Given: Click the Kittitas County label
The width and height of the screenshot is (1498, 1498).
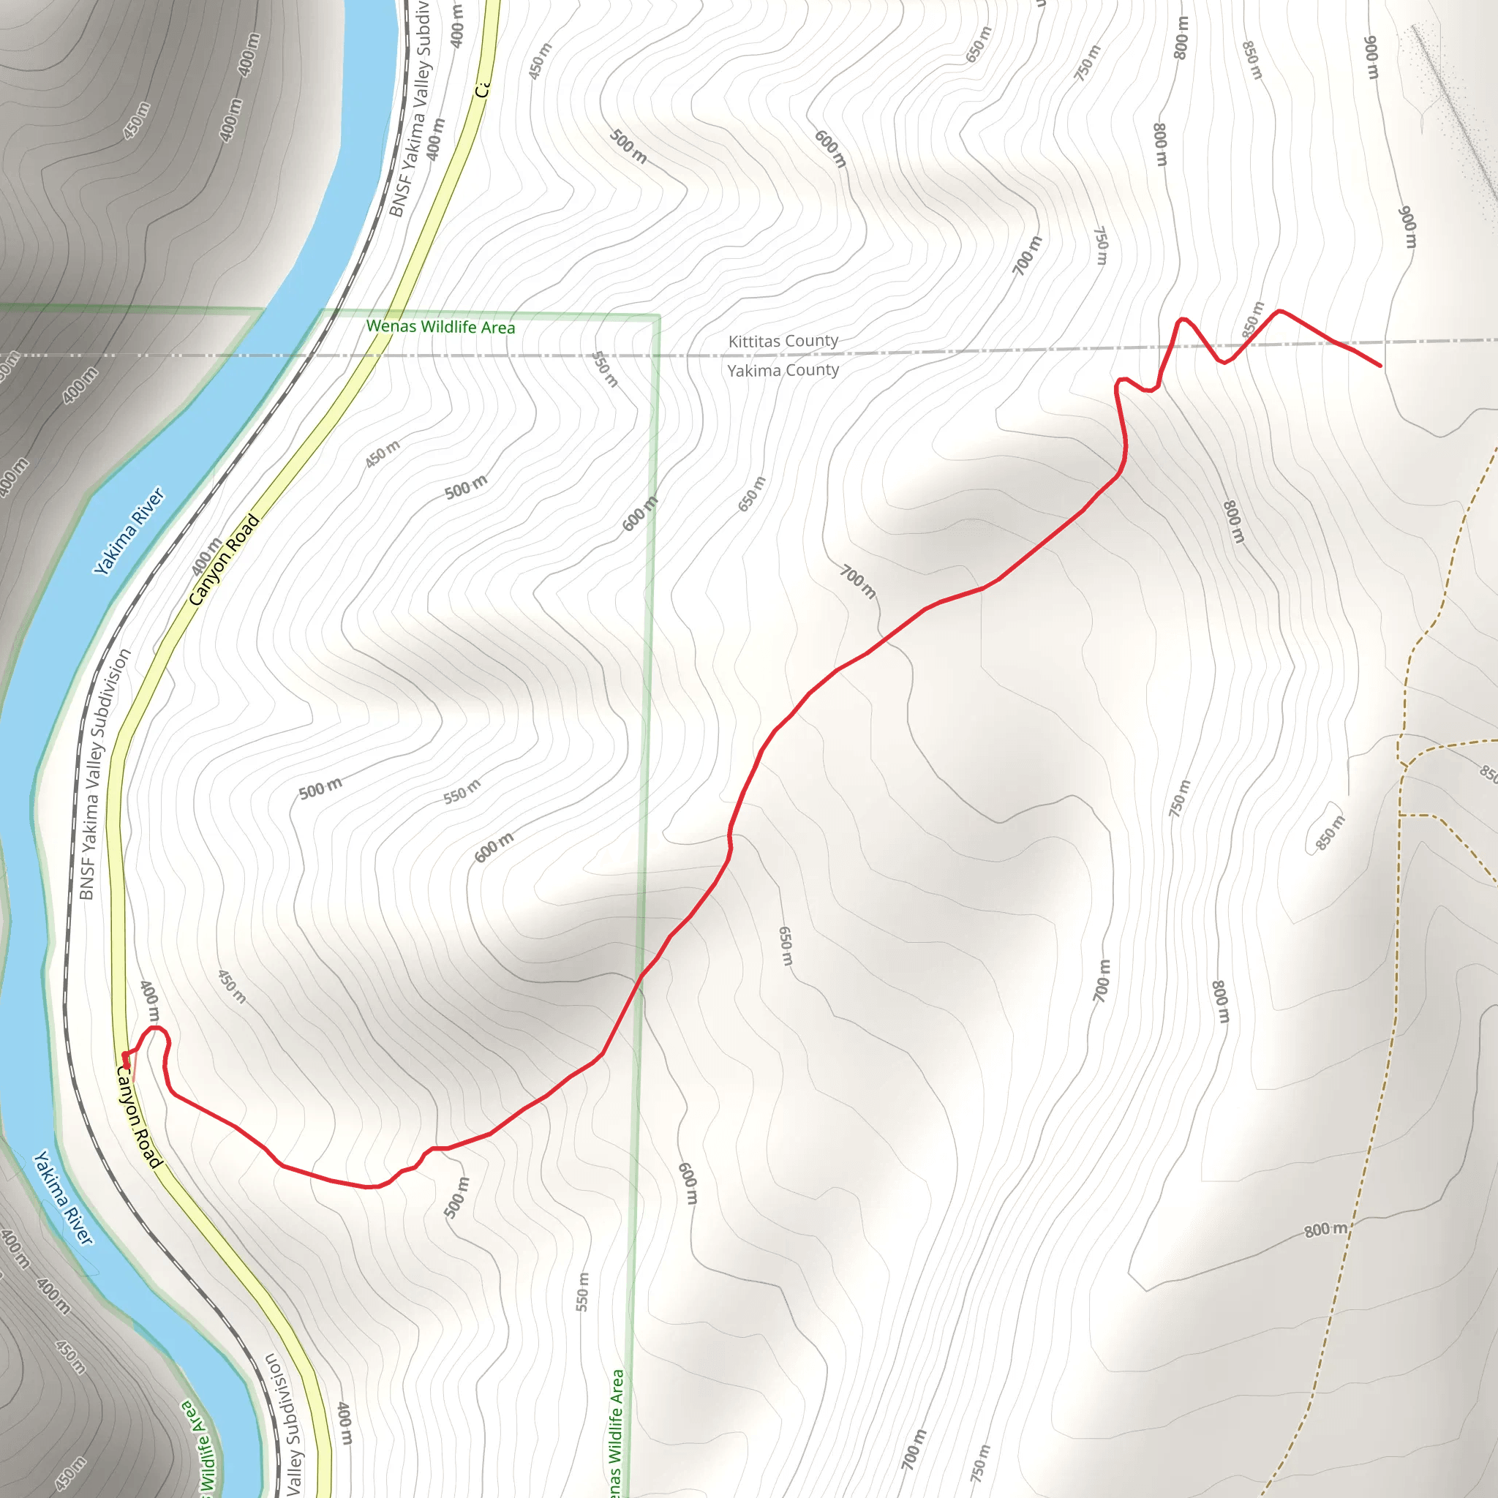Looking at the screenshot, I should coord(783,340).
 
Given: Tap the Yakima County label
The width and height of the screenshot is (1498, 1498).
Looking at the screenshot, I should coord(783,370).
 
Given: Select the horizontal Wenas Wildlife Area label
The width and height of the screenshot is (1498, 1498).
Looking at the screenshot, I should coord(440,326).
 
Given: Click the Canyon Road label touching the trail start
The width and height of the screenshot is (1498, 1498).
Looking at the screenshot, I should coord(139,1116).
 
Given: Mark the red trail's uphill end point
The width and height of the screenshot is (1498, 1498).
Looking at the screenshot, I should coord(1380,365).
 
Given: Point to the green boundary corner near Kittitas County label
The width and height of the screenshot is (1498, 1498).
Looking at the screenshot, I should coord(659,316).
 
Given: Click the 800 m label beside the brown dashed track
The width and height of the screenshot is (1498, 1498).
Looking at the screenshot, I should coord(1326,1230).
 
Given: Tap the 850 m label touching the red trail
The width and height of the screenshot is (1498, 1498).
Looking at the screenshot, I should coord(1253,320).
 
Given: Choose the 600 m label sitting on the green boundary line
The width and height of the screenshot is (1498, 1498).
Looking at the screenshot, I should coord(641,513).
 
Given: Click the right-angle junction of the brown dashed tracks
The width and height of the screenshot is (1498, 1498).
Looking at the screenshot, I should coord(1402,815).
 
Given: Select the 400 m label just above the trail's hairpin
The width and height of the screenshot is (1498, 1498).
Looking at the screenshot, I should coord(150,1002).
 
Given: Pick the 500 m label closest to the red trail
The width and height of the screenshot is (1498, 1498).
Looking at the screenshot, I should coord(456,1197).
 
